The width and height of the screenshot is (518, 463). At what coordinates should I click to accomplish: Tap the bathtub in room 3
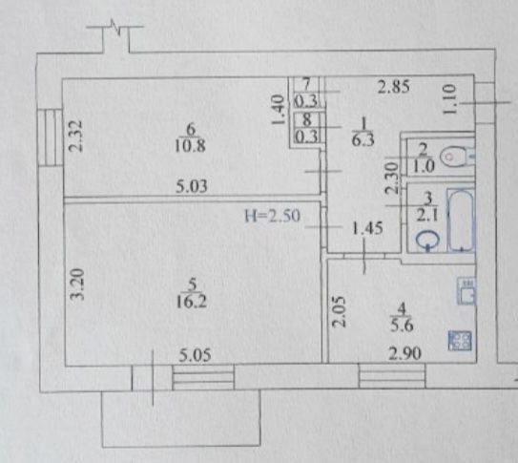(x=461, y=220)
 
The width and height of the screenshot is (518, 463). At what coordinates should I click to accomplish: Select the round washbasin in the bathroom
(x=427, y=240)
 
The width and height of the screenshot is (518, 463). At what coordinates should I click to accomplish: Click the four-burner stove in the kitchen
(x=460, y=341)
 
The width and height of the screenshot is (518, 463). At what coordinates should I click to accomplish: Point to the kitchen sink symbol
(x=466, y=290)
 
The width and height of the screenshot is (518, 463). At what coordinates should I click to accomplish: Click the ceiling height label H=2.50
(x=273, y=216)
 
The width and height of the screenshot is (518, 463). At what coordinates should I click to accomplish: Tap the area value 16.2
(x=192, y=302)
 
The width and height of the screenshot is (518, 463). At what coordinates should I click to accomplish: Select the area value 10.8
(x=190, y=145)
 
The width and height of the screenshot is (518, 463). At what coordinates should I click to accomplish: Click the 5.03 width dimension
(x=192, y=186)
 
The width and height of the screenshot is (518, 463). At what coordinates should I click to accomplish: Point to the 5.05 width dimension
(x=195, y=355)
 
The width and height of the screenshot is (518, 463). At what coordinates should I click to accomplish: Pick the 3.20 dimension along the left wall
(x=78, y=284)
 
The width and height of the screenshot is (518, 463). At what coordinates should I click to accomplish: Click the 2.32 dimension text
(x=76, y=136)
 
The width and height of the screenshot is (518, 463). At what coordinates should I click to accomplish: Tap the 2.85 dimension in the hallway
(x=393, y=87)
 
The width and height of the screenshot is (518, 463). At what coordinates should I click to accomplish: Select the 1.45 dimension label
(x=367, y=228)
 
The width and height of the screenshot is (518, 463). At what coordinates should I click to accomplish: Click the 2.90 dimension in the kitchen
(x=405, y=353)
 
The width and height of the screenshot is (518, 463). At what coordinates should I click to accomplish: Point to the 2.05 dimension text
(x=339, y=312)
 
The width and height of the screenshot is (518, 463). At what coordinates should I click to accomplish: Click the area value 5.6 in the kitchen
(x=402, y=326)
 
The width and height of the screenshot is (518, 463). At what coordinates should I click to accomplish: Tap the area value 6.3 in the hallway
(x=363, y=140)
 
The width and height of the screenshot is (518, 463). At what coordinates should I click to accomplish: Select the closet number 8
(x=307, y=119)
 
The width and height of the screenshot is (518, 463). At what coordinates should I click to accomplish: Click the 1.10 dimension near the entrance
(x=450, y=99)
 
